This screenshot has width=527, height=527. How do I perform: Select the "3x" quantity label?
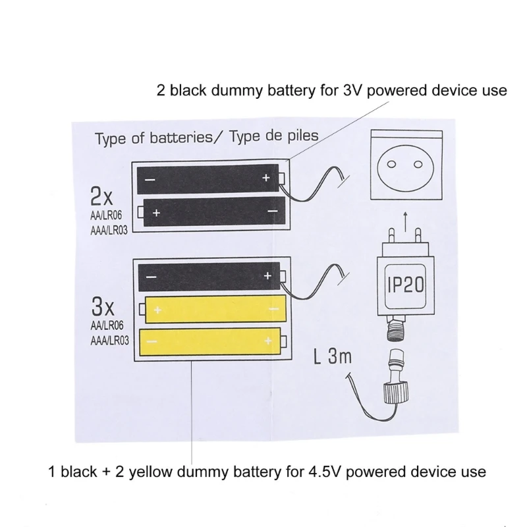coord(103,307)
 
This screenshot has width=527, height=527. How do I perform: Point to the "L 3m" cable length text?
coord(333,358)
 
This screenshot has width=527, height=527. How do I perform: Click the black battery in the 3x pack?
coord(209,276)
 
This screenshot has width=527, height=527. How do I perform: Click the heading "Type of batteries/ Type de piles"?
coord(206,137)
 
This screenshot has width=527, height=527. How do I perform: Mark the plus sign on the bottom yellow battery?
coord(268,341)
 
